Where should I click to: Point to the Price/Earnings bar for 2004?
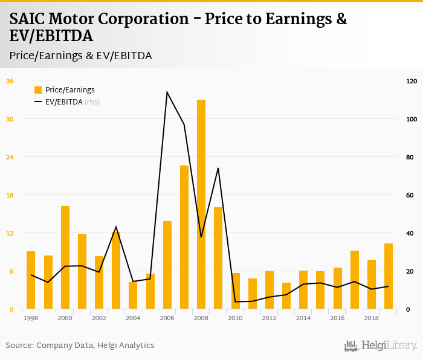tap(133, 295)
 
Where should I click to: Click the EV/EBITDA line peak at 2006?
tap(167, 92)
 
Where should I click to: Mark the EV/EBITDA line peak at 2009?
tap(218, 168)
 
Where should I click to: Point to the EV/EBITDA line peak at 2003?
tap(116, 227)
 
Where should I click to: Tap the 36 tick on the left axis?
tap(10, 81)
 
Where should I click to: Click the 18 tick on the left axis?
tap(10, 195)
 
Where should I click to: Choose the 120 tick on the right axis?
tap(412, 81)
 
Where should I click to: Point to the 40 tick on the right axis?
tap(410, 233)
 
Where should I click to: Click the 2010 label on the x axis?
tap(235, 318)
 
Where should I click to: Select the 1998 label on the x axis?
tap(31, 318)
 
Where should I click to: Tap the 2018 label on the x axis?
tap(372, 318)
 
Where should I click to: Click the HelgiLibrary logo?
tap(381, 346)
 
